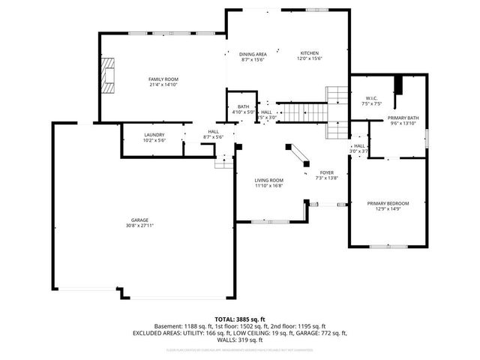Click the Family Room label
(x=161, y=79)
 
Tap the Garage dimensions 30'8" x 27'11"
(x=140, y=226)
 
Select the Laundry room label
(x=154, y=134)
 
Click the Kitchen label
(x=310, y=53)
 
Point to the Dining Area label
(x=253, y=54)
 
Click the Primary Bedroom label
(x=388, y=203)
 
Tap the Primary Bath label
(x=402, y=118)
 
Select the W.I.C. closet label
(x=371, y=98)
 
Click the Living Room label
(x=268, y=180)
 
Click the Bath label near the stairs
(x=244, y=106)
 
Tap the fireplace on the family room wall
(x=110, y=76)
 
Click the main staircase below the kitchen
(x=304, y=113)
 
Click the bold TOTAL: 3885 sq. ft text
(x=240, y=319)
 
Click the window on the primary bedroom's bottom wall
(x=388, y=246)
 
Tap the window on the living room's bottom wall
(x=268, y=221)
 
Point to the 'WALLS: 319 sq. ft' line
(x=240, y=339)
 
